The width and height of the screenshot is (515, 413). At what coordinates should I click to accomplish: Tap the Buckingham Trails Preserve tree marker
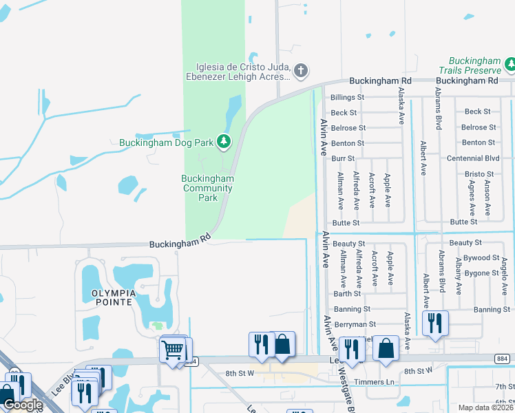pyautogui.click(x=511, y=65)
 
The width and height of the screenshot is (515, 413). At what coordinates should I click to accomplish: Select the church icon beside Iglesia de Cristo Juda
pyautogui.click(x=300, y=70)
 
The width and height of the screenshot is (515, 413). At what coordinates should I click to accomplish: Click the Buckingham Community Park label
pyautogui.click(x=208, y=188)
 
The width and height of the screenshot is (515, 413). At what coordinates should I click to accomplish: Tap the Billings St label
pyautogui.click(x=347, y=98)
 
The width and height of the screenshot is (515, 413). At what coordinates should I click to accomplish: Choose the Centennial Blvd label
pyautogui.click(x=473, y=158)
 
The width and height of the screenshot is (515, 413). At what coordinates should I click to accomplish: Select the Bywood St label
pyautogui.click(x=481, y=258)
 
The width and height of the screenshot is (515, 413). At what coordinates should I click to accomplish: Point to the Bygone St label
pyautogui.click(x=481, y=273)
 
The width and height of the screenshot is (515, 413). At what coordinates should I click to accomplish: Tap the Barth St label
pyautogui.click(x=347, y=294)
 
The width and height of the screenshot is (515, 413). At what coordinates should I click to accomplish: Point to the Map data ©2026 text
pyautogui.click(x=487, y=407)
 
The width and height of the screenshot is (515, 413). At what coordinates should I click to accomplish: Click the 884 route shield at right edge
pyautogui.click(x=502, y=359)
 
